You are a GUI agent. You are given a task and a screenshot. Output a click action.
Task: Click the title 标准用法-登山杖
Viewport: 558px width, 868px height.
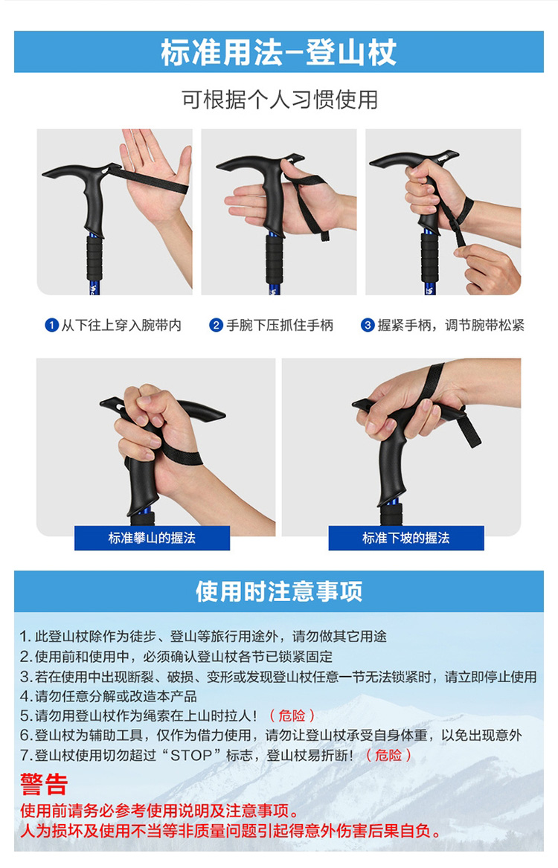point(278,53)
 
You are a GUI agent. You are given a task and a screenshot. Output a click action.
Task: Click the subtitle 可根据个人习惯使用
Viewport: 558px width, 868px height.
point(280,100)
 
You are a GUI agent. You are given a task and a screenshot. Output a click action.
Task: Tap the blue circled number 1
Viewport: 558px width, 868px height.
point(51,325)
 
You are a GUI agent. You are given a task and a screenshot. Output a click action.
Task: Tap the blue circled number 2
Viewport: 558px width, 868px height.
point(216,325)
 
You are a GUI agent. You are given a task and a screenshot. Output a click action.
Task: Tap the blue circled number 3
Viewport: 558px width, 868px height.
point(368,325)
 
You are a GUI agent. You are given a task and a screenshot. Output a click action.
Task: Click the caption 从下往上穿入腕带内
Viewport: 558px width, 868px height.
point(121,325)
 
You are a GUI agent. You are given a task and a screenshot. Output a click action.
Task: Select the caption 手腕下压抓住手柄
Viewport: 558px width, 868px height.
point(280,325)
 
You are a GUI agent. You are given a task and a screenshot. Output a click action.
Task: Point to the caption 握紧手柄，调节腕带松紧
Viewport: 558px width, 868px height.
point(451,325)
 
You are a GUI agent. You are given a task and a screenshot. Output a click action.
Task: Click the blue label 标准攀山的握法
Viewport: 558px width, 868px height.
point(153,538)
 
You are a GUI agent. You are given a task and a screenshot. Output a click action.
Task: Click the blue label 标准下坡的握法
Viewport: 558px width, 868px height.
point(405,538)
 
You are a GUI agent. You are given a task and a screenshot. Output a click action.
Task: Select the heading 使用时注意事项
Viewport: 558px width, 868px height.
point(279,591)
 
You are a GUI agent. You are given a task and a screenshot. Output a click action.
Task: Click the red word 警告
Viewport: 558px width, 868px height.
point(44,784)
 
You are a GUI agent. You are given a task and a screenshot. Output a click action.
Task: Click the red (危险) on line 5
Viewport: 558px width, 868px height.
point(292,716)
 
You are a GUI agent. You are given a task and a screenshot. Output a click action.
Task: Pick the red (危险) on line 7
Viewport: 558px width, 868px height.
point(388,755)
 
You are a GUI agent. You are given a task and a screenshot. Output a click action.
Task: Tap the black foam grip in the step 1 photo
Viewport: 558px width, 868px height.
point(94,257)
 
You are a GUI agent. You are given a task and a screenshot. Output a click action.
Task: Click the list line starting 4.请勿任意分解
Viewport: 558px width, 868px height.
point(109,696)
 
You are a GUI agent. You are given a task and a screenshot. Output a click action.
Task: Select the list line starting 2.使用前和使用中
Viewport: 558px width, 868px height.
point(176,657)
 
